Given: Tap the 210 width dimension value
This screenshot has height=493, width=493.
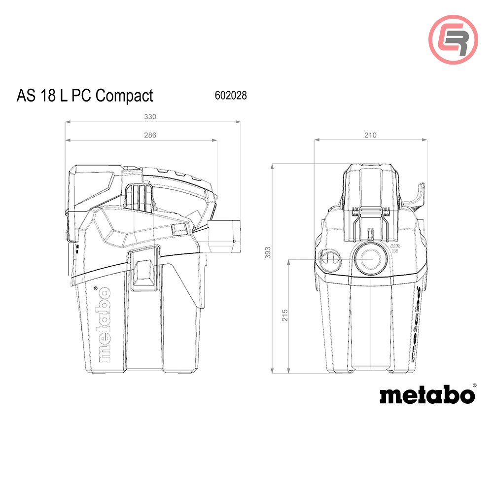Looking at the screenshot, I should pos(370,135).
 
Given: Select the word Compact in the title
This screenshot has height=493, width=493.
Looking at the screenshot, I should pos(124,95).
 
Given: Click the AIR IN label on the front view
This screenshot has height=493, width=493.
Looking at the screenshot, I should pos(394,248).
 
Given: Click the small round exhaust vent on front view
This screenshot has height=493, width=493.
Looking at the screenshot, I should pos(329,259).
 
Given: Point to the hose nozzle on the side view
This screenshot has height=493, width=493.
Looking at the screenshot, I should pos(228,235).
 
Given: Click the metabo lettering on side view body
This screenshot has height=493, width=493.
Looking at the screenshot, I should pos(105,325).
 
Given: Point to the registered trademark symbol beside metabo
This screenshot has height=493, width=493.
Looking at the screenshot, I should pos(474,385).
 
